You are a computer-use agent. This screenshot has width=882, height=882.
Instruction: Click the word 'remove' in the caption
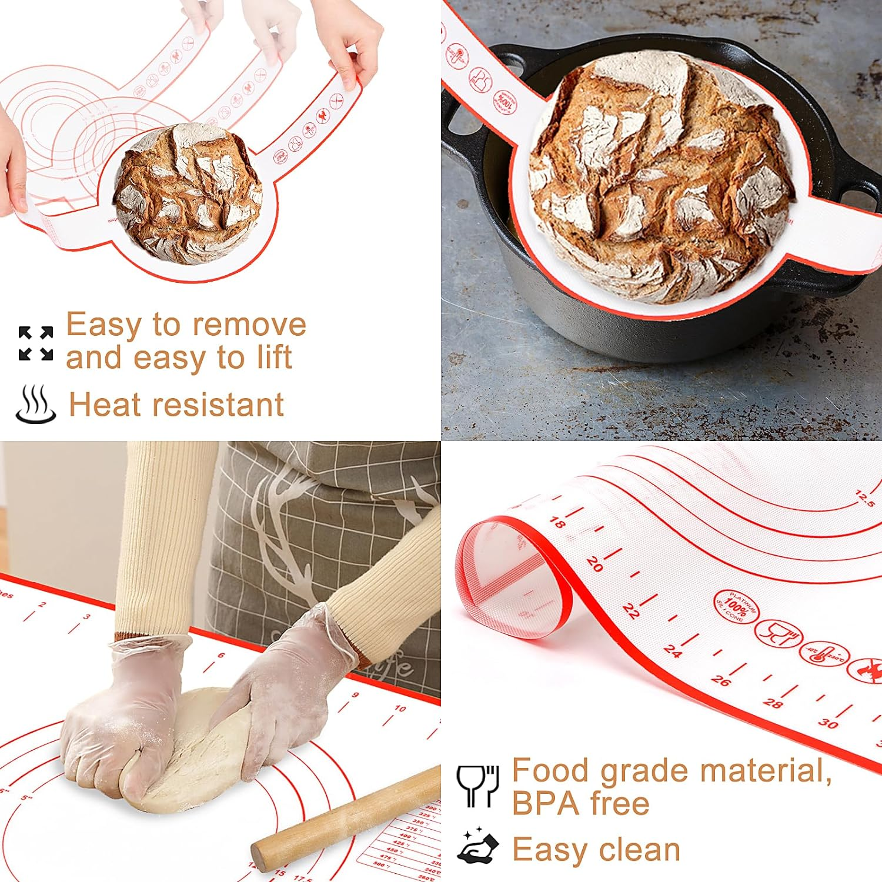point(249,325)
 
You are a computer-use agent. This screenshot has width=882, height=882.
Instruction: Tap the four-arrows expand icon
point(36,343)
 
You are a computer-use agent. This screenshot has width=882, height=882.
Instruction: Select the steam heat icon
point(36,404)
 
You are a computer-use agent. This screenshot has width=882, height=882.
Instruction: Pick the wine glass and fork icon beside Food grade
point(478,785)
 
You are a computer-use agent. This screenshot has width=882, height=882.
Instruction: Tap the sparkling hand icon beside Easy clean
point(478,847)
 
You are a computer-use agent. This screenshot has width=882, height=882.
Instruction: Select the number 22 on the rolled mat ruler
point(630,612)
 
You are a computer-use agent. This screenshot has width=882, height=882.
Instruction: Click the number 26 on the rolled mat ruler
point(720,681)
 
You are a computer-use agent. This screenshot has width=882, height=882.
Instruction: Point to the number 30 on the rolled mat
point(828,723)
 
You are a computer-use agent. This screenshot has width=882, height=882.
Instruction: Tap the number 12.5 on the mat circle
point(865,499)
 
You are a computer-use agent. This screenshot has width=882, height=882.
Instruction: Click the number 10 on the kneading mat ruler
point(400,709)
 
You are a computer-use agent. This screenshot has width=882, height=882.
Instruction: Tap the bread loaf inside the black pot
point(659,176)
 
